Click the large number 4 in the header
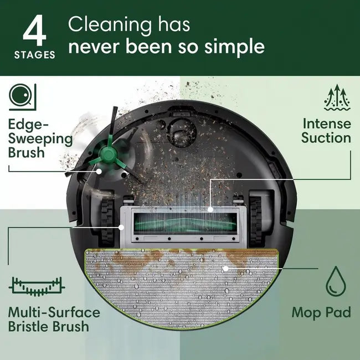34,31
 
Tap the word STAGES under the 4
35,55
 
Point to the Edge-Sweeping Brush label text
40,137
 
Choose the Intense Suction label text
326,130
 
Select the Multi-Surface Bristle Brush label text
54,319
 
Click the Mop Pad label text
321,313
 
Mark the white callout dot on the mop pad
225,269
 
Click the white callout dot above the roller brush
211,209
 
